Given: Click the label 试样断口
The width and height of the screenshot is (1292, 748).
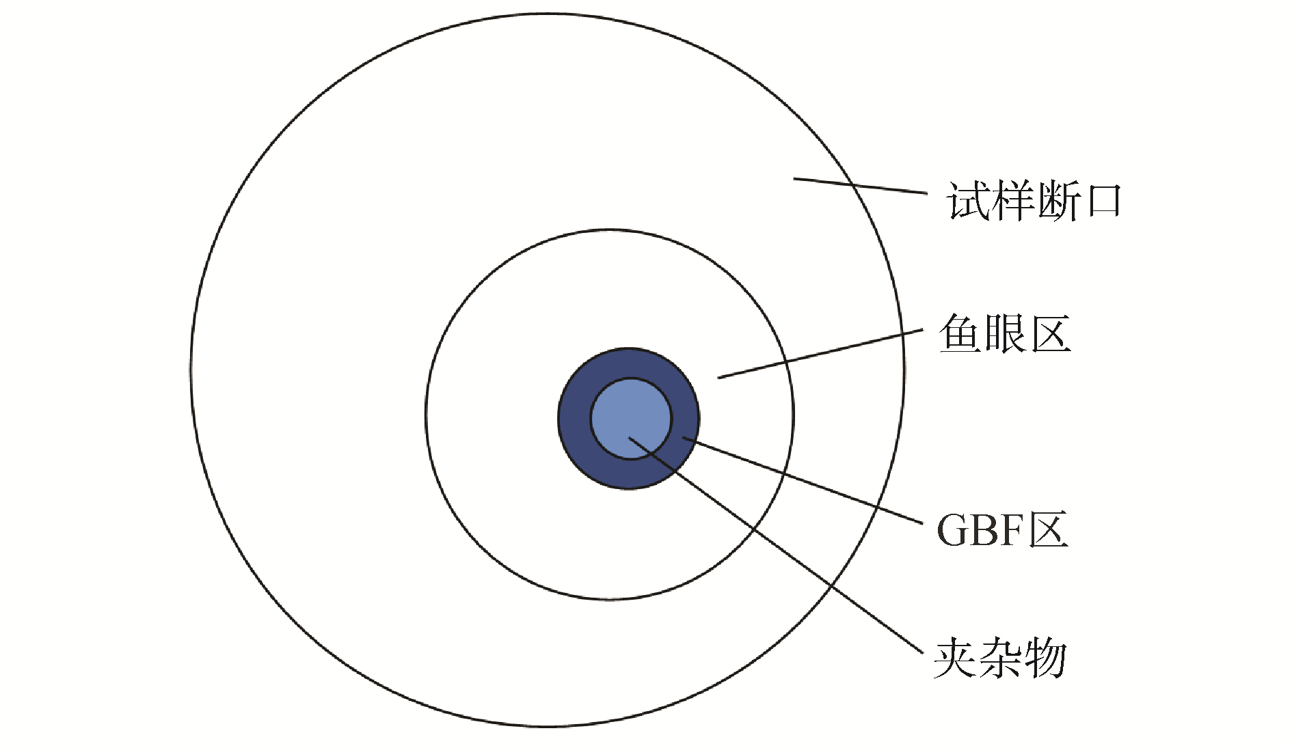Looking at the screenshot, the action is [x=1034, y=202].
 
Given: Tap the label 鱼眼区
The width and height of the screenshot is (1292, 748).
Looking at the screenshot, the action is [x=1005, y=334].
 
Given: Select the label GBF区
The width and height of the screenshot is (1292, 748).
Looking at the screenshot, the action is [x=1002, y=530].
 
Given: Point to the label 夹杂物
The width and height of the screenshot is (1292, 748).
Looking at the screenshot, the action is [x=1000, y=659].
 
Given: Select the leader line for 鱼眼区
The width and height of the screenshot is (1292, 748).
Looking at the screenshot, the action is [x=820, y=355].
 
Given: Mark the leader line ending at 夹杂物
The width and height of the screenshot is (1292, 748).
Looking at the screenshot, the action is [x=786, y=553].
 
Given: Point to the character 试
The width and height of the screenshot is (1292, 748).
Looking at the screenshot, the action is [x=968, y=202].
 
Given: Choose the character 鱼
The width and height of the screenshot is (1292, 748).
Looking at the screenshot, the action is [x=960, y=334].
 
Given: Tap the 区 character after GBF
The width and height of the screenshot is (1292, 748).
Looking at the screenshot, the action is [x=1048, y=530].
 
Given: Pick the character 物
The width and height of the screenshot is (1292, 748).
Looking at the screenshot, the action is [x=1045, y=659].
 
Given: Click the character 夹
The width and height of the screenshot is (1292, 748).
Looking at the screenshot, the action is [x=956, y=659].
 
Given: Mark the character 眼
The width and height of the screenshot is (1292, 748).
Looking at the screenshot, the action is [x=1005, y=334].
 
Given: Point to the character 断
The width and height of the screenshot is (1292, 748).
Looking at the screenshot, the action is [x=1057, y=202].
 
